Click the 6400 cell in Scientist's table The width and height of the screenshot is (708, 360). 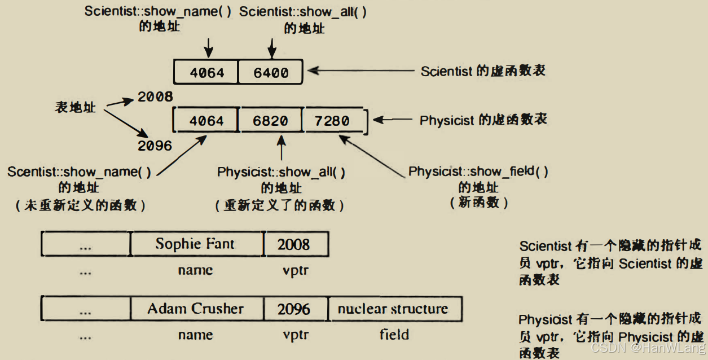271,72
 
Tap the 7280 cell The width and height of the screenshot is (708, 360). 333,121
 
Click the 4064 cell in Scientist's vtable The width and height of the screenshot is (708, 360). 206,72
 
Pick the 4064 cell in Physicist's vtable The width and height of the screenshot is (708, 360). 206,121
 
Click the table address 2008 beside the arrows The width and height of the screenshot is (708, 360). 155,97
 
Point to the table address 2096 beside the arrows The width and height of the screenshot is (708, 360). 155,146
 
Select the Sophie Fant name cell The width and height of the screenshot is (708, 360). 195,244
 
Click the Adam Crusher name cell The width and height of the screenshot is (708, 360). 196,309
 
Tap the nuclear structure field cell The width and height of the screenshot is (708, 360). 393,309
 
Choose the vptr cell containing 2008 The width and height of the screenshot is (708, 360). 294,244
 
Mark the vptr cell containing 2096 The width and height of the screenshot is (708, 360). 294,309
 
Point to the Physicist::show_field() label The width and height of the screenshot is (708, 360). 478,172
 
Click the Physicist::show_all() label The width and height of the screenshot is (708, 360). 281,172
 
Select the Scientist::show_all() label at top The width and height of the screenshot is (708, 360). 303,12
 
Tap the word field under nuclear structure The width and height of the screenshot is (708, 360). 394,335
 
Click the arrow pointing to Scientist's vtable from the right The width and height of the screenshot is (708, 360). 361,71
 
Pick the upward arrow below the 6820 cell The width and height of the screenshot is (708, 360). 281,148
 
